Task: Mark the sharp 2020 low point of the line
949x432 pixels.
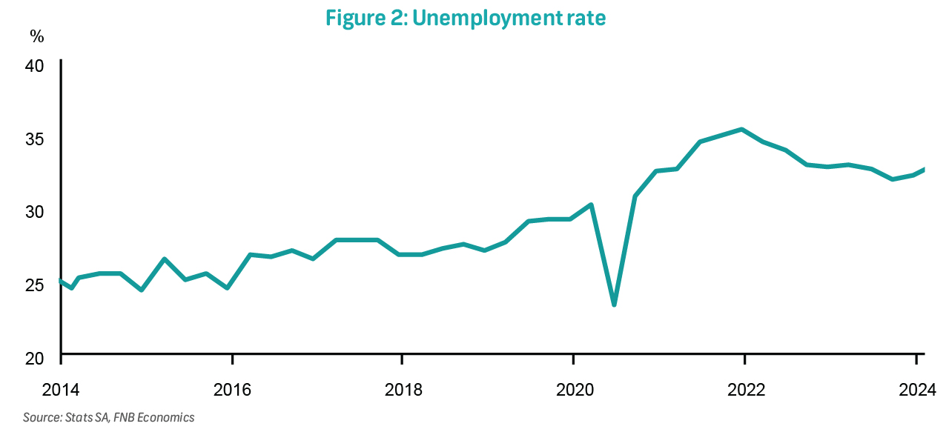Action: [x=614, y=304]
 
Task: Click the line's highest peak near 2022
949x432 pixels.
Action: [x=741, y=130]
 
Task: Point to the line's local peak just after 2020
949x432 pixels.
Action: [x=591, y=205]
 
